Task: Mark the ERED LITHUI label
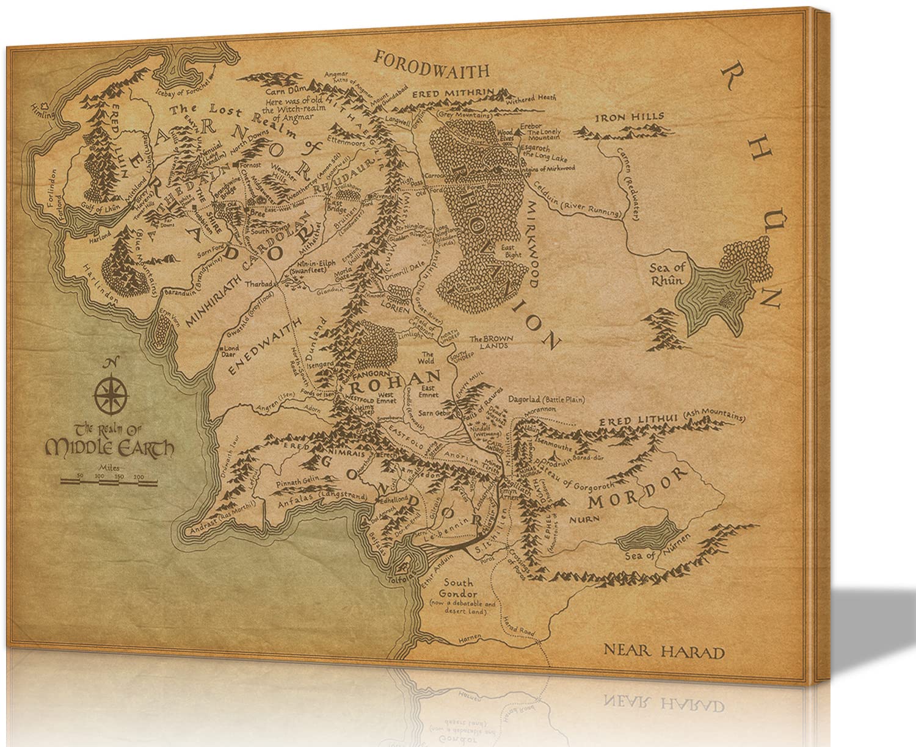pos(630,422)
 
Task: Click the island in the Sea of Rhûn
pos(726,298)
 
